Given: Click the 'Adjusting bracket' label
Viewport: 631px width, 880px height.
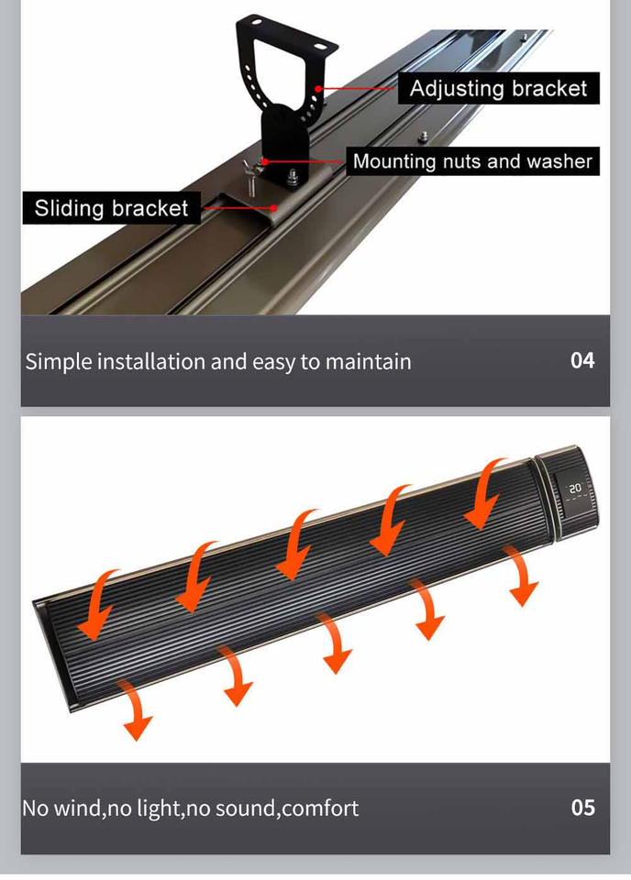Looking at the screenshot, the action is [499, 89].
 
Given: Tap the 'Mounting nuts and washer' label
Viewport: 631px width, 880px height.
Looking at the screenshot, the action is [472, 161].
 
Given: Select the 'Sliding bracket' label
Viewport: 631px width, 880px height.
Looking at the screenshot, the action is [111, 208].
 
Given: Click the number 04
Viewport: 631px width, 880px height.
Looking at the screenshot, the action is [582, 360].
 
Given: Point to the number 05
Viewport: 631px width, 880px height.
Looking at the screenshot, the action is [582, 808].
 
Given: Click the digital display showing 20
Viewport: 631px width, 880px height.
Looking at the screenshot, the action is [575, 489].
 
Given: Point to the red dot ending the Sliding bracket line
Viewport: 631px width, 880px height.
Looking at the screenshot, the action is [273, 207].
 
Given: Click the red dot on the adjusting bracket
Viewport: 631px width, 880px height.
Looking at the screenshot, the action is [318, 88].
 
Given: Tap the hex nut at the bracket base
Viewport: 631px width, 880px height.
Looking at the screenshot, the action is [293, 177].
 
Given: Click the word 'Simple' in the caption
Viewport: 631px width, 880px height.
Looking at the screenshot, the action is [59, 361].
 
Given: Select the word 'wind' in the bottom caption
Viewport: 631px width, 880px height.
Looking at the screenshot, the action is [78, 808].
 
